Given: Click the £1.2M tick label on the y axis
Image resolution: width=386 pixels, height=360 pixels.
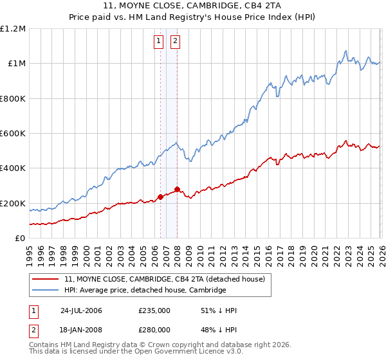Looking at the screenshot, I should tap(13, 29).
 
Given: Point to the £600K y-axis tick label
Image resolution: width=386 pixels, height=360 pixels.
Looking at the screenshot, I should tap(13, 134).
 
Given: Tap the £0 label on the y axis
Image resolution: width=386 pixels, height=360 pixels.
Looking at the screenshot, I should tap(20, 239).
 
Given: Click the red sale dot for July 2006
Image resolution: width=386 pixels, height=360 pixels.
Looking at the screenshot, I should tap(160, 197).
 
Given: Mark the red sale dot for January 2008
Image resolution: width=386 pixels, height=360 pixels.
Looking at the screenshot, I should tap(177, 189).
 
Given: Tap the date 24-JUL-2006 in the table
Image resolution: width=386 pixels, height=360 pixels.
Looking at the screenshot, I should tap(81, 310).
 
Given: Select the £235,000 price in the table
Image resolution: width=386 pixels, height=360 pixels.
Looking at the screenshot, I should tap(154, 310).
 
